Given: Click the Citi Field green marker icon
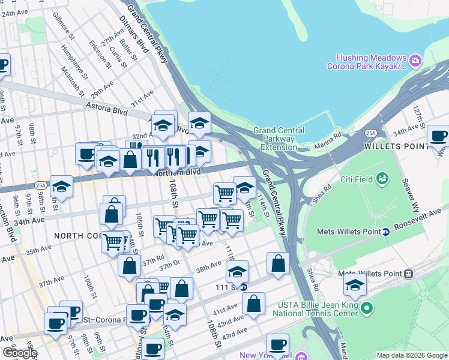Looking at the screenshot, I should point(382,179).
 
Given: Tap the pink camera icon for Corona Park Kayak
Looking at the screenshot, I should point(415,60).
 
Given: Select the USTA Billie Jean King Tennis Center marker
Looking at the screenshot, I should point(367,308).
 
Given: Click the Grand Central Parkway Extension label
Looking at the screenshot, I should point(274,139).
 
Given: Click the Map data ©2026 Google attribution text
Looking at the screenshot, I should point(412,355).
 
